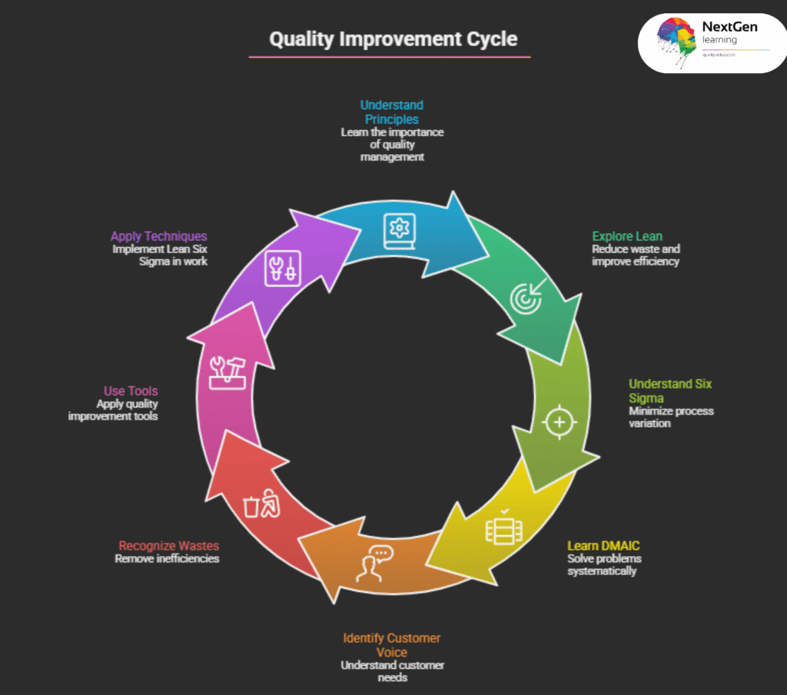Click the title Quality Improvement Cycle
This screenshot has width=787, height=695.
tap(393, 39)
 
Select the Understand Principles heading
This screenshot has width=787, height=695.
tap(392, 112)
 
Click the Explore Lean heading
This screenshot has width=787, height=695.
tap(627, 236)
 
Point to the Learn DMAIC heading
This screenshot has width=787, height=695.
tap(603, 546)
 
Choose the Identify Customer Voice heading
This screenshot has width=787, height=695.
tap(392, 645)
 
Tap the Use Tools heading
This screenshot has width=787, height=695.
tap(131, 391)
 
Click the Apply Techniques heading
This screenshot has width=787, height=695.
tap(158, 236)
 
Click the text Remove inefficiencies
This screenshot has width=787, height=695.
tap(167, 559)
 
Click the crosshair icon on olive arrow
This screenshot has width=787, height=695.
tap(559, 421)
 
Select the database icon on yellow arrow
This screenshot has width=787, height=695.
tap(500, 529)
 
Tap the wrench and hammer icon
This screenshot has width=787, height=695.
tap(228, 373)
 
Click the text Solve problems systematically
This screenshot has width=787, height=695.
tap(604, 564)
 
